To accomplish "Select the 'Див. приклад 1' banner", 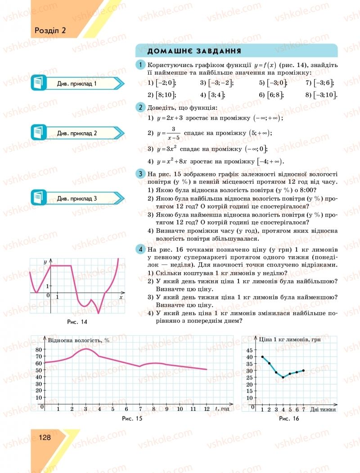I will coord(77,84).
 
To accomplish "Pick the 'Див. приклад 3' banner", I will coord(77,198).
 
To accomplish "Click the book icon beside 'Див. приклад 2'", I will coord(39,133).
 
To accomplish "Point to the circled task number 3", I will coord(141,174).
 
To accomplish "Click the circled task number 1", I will coord(141,65).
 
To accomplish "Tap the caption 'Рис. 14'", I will coord(76,322).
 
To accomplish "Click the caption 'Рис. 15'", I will coord(132,419).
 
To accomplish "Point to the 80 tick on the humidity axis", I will coord(38,350).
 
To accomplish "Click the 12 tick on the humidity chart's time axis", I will coord(207,409).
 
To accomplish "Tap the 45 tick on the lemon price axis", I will coord(250,350).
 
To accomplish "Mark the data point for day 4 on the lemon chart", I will coord(283,377).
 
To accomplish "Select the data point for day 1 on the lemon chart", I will coord(262,357).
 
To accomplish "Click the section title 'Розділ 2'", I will coord(50,31).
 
